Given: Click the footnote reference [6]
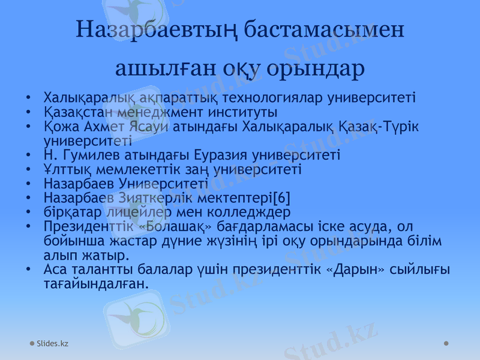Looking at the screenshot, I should (281, 197).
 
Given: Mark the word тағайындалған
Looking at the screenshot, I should (95, 283).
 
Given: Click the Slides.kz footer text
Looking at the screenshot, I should (52, 343).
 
